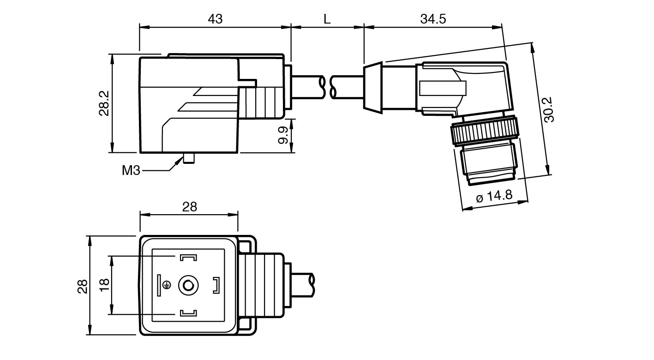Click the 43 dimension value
tap(215, 19)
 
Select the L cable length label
tap(327, 19)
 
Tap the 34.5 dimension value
tap(433, 19)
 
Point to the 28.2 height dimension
tap(104, 103)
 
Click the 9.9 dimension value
tap(284, 135)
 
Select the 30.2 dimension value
tap(549, 109)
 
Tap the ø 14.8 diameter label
tap(494, 196)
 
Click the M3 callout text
tap(131, 170)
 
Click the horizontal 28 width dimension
tap(189, 207)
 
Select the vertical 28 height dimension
tap(82, 286)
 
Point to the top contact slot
tap(188, 257)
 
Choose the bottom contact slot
tap(188, 314)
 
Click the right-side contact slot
tap(216, 285)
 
